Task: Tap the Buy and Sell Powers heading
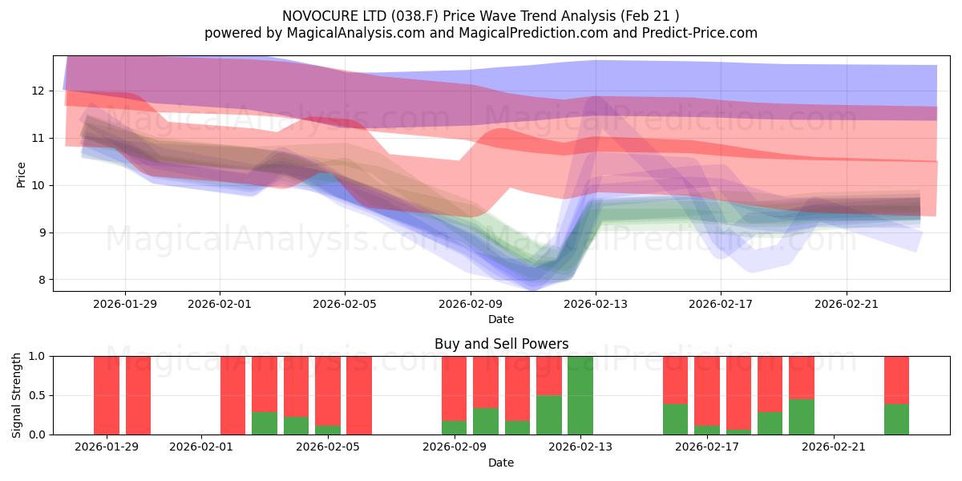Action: [x=501, y=344]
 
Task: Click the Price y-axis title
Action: [x=22, y=174]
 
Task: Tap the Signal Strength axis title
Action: [x=17, y=395]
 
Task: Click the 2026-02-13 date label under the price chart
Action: [x=596, y=304]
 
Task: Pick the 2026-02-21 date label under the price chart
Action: [x=847, y=304]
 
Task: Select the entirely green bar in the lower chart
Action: [x=580, y=395]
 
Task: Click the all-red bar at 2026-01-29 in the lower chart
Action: [x=107, y=395]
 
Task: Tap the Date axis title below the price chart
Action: [x=501, y=319]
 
